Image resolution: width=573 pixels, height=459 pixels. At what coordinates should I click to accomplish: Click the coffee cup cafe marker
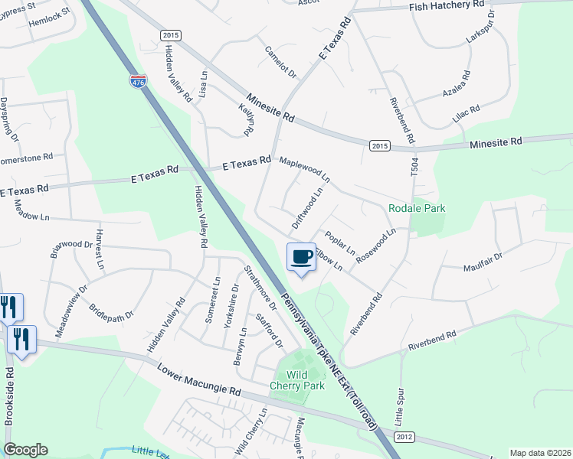point(301,257)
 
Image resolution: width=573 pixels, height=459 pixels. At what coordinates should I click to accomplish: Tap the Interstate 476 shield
point(138,81)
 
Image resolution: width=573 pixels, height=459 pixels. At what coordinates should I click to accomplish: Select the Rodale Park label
point(417,208)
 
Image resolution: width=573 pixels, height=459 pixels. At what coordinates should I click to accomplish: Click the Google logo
point(25,450)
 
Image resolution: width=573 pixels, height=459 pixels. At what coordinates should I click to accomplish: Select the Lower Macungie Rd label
point(198,379)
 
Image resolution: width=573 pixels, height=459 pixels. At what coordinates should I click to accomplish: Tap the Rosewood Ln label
point(376,243)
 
